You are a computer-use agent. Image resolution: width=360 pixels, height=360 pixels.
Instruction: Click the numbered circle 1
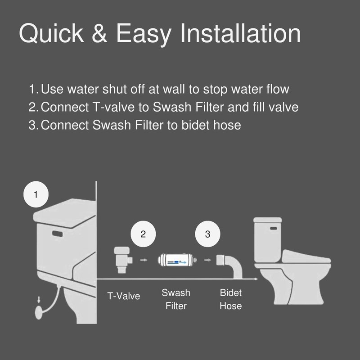[x=36, y=194]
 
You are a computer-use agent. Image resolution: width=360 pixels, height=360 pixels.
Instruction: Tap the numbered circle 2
[x=143, y=234]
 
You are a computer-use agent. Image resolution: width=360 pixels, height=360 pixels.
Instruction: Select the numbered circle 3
[x=207, y=234]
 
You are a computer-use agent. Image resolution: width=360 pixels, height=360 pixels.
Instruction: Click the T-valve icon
[x=123, y=260]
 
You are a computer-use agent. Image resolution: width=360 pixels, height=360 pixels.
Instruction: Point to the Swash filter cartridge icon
[x=177, y=260]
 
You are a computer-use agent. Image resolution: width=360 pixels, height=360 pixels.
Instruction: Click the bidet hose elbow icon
[x=229, y=266]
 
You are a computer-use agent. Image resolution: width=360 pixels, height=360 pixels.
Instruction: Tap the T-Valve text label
[x=123, y=296]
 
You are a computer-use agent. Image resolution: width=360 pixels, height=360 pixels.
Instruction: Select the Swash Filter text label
[x=176, y=299]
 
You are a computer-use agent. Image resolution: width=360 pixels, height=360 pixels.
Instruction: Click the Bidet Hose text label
[x=230, y=299]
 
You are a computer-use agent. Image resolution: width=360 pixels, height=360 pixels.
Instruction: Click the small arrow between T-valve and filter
[x=144, y=260]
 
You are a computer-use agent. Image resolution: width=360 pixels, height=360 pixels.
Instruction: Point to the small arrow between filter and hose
[x=208, y=260]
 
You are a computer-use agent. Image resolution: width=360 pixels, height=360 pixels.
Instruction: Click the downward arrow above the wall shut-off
[x=39, y=299]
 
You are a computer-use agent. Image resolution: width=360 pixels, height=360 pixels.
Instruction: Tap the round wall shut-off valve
[x=39, y=312]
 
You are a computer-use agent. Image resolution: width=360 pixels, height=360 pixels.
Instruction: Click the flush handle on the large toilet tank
[x=58, y=234]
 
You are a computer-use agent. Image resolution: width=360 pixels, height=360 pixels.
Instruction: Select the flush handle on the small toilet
[x=274, y=228]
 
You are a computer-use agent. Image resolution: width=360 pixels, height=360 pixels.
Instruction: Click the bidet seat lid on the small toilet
[x=306, y=256]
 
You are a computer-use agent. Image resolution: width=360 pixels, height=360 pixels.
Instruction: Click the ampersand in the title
[x=99, y=33]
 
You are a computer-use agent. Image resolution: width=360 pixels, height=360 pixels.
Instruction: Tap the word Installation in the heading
[x=240, y=33]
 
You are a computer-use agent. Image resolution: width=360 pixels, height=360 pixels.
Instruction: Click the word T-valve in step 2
[x=113, y=107]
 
